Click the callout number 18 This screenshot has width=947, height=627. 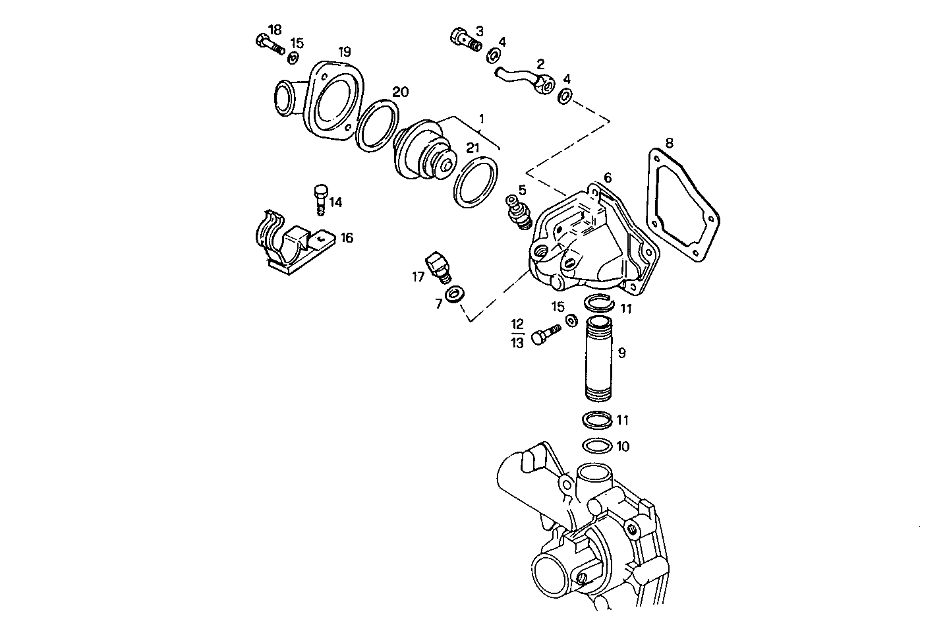click(275, 30)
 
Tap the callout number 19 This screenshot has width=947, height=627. click(345, 52)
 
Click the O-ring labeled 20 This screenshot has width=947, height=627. click(378, 126)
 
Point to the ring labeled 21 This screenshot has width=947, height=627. click(476, 182)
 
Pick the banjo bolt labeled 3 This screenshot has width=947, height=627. click(466, 40)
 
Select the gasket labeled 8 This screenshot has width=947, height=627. click(683, 204)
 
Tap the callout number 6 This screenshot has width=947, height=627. click(608, 178)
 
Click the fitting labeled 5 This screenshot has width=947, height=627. click(519, 212)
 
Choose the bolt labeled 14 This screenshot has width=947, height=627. click(321, 200)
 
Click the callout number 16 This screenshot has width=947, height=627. click(347, 238)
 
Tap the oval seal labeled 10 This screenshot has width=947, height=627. click(597, 446)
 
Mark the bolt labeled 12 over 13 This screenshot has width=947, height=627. click(546, 334)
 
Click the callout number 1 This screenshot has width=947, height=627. click(481, 119)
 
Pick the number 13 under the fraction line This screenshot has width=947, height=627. click(517, 343)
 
